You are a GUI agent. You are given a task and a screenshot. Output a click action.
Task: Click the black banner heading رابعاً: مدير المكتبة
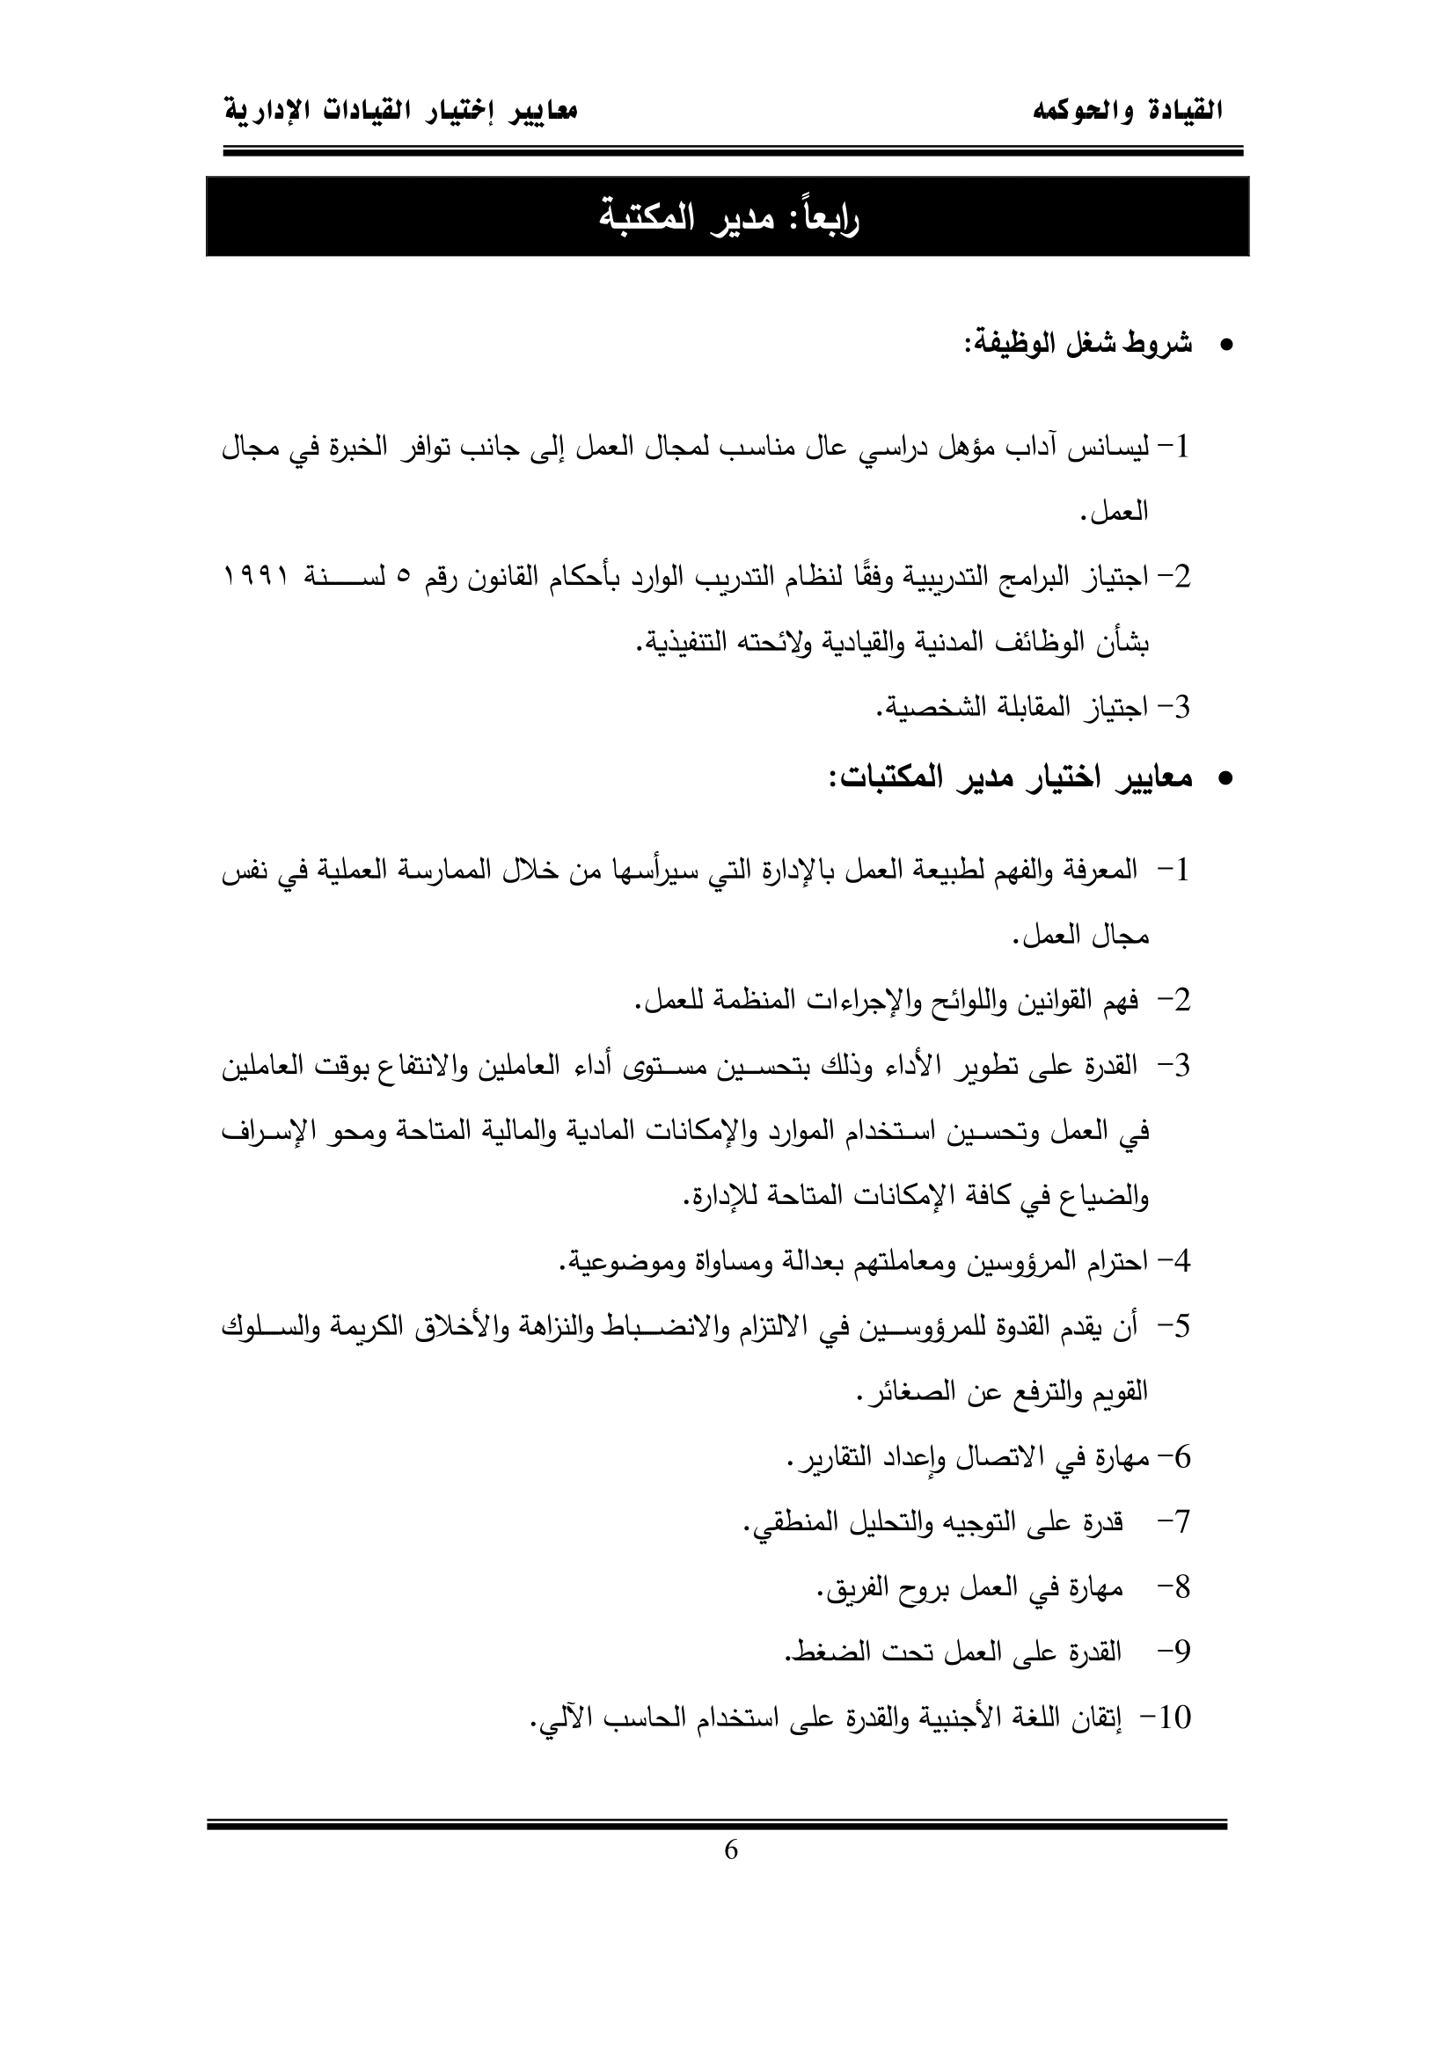(x=727, y=218)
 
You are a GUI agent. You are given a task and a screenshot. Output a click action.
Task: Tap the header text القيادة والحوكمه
(x=1128, y=112)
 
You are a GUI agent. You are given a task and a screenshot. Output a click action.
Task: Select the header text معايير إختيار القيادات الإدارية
(x=399, y=112)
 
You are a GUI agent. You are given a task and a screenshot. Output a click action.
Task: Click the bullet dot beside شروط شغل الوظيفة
(x=1226, y=345)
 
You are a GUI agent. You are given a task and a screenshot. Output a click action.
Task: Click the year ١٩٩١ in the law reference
(x=257, y=578)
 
